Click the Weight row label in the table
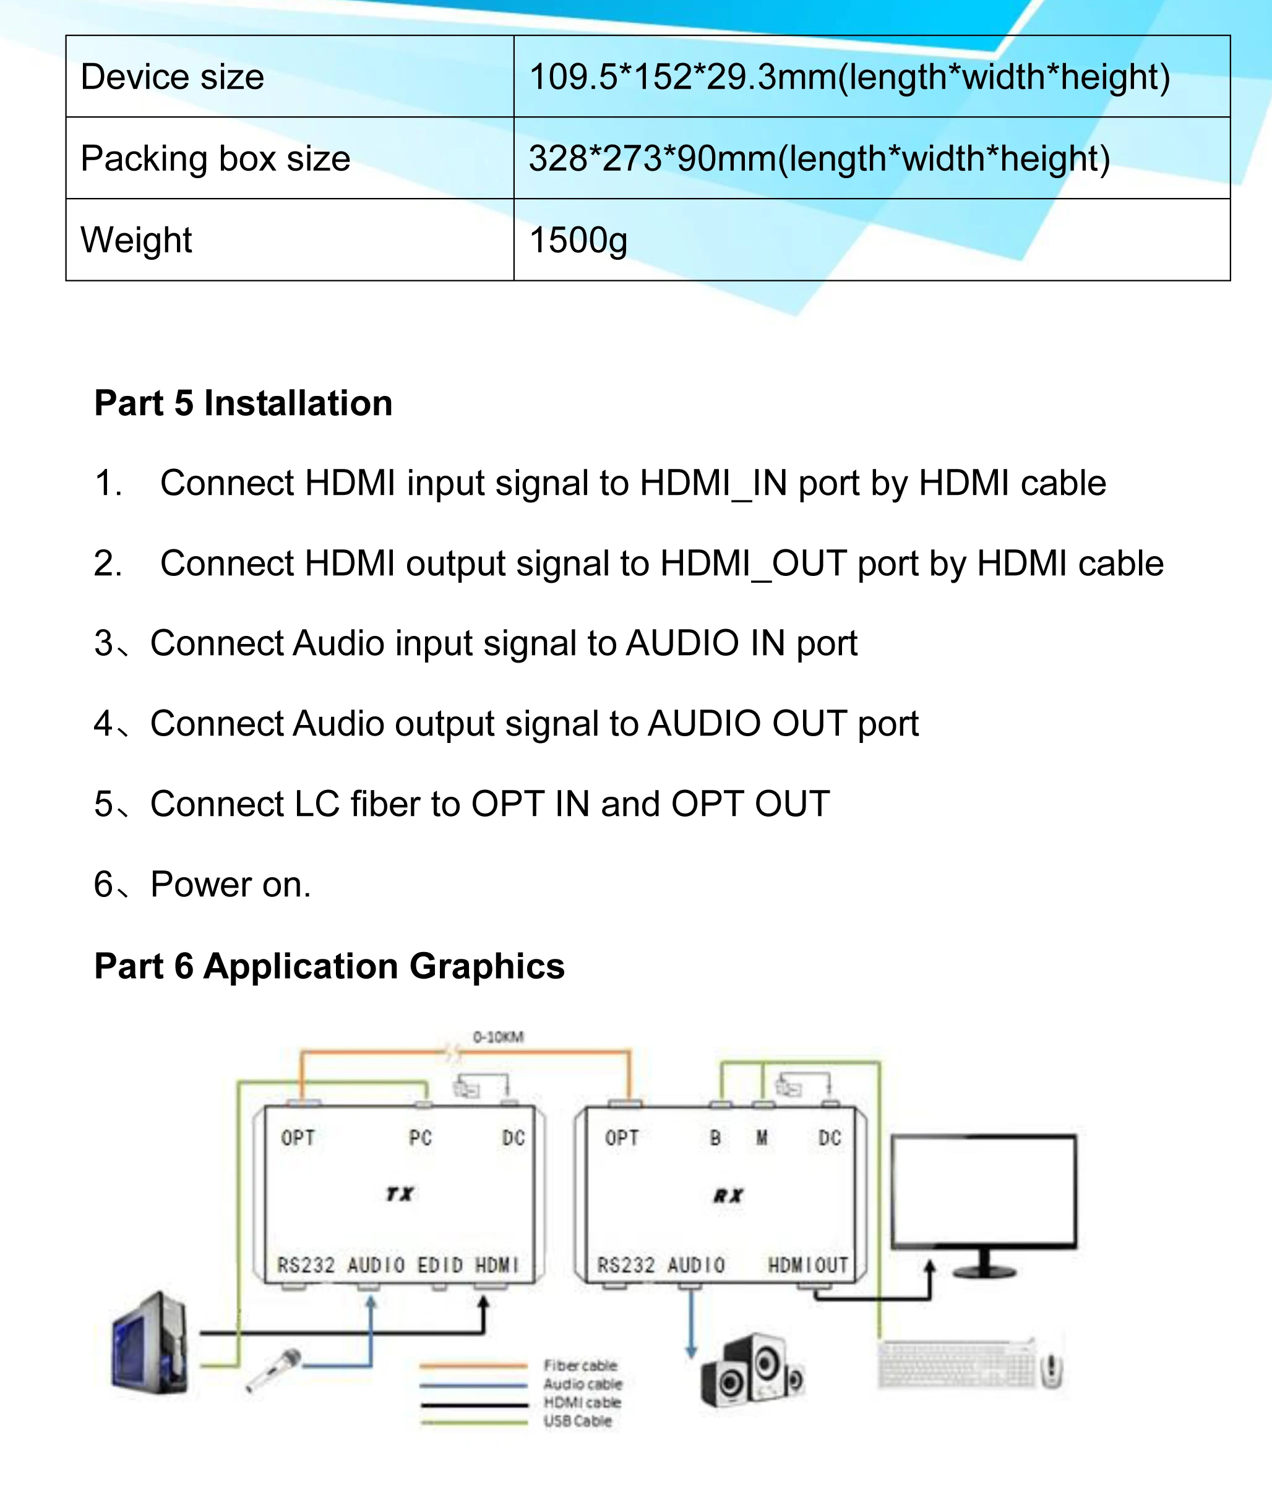click(x=136, y=240)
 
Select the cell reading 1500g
click(x=578, y=240)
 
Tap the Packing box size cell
click(x=215, y=158)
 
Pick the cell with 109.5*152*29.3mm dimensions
click(x=849, y=77)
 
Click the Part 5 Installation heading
click(x=244, y=403)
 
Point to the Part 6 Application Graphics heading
click(x=330, y=966)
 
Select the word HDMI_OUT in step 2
click(x=753, y=563)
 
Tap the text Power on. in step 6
click(x=231, y=885)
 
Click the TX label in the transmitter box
click(x=400, y=1194)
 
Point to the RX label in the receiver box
click(x=728, y=1196)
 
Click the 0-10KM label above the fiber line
click(x=498, y=1037)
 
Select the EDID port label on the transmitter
click(x=440, y=1266)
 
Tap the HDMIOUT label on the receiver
click(x=807, y=1266)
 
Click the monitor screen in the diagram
click(x=984, y=1192)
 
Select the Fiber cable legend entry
click(x=580, y=1366)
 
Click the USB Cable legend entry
click(x=577, y=1421)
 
